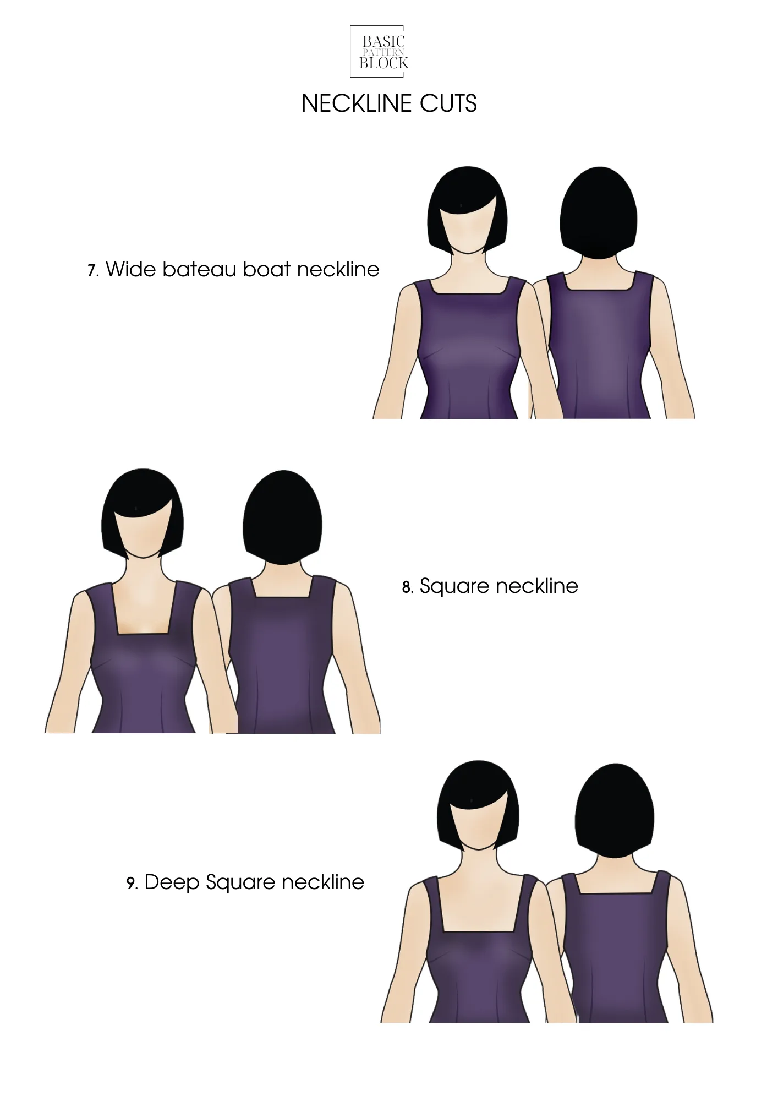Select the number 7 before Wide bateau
pos(92,271)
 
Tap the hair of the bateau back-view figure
pos(599,215)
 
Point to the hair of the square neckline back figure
pos(282,517)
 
